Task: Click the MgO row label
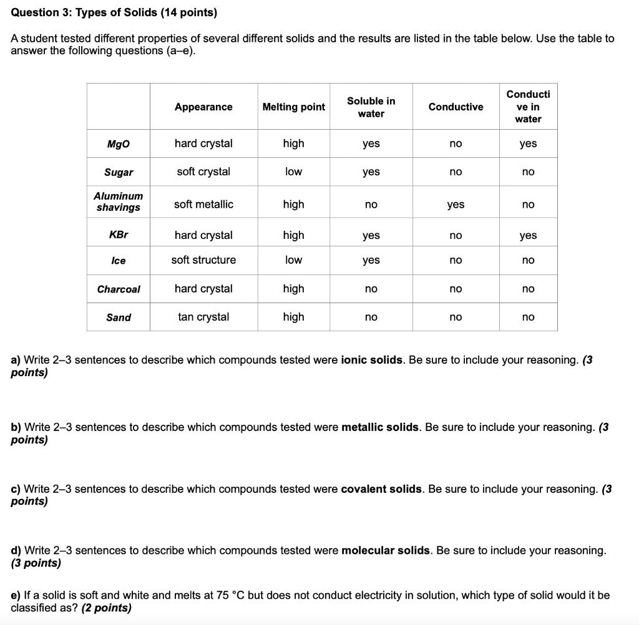119,144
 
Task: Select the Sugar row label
119,172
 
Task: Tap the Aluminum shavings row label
119,201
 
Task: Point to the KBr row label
119,235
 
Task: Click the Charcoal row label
119,289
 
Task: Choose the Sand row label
119,317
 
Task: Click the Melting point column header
293,107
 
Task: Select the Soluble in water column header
371,107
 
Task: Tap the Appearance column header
203,107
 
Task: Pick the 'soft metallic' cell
203,204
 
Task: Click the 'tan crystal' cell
203,317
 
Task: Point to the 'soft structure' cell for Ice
203,259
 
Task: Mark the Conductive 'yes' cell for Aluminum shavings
456,205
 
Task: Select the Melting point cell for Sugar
293,172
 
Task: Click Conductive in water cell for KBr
528,236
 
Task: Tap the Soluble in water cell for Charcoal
371,289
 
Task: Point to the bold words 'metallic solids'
381,427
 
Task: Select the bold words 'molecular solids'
386,550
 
